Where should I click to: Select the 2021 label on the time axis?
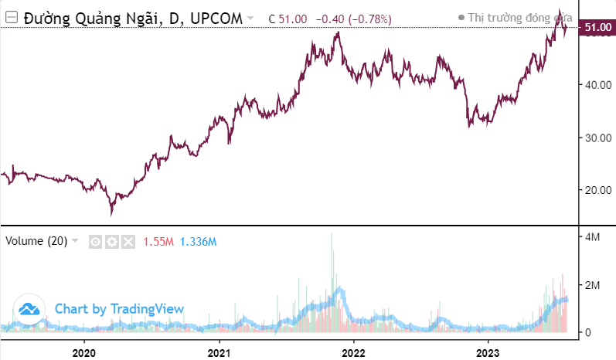(x=219, y=349)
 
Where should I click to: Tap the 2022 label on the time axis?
(x=353, y=349)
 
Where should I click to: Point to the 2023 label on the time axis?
(x=488, y=349)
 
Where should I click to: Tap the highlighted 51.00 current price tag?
(x=598, y=28)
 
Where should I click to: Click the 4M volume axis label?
(x=592, y=237)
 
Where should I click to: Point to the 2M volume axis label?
(x=592, y=285)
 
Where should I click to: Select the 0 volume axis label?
(x=587, y=332)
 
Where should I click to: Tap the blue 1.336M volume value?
(x=198, y=242)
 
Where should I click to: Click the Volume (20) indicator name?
(x=36, y=241)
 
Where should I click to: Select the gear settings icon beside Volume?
(x=112, y=242)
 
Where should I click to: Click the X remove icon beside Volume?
(x=128, y=242)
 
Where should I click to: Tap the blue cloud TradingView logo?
(x=29, y=309)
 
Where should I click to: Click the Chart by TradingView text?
(x=119, y=309)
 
